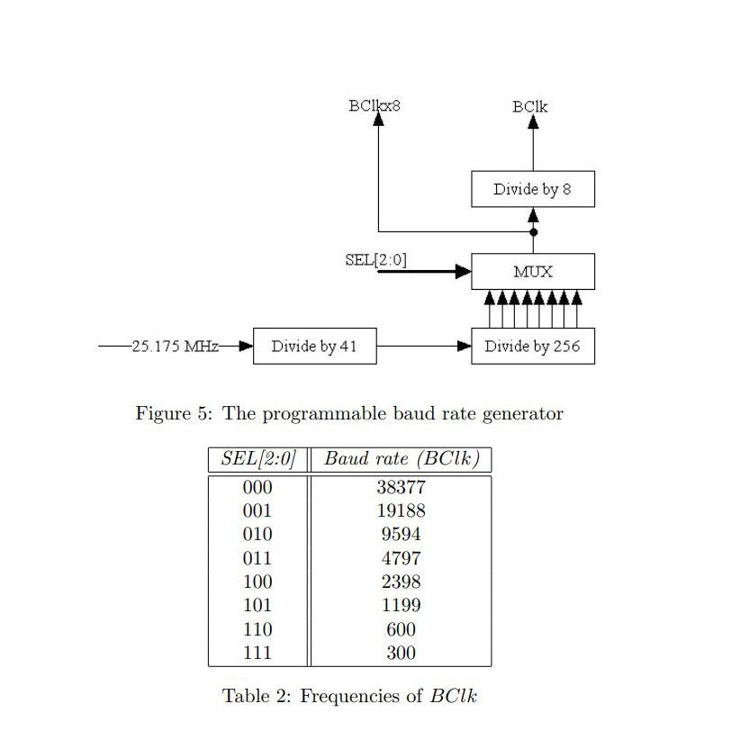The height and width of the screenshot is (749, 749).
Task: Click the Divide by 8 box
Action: pos(532,189)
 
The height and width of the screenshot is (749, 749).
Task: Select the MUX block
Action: pos(532,272)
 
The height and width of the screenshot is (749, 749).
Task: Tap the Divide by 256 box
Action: pos(532,347)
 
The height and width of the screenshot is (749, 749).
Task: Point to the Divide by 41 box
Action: pos(314,347)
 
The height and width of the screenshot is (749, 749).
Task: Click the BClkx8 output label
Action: pos(374,106)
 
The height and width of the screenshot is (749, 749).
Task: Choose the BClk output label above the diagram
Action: pos(530,107)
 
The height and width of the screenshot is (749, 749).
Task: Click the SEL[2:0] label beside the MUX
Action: pos(375,260)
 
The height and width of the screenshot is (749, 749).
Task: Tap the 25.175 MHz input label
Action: pos(176,347)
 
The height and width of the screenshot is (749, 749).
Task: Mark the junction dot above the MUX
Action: pos(533,232)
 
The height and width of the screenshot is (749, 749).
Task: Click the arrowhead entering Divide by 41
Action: pos(246,347)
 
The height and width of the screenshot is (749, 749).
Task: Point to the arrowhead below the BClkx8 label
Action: pos(378,120)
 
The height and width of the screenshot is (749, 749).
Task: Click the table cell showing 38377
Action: pos(401,488)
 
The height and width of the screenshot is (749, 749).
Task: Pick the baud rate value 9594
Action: pos(401,535)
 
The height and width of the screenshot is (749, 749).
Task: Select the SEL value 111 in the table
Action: pos(257,654)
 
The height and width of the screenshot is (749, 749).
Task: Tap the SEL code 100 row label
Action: pos(257,582)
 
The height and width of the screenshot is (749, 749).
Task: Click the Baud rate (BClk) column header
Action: pos(402,459)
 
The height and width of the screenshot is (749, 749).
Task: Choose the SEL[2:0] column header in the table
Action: pos(257,459)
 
